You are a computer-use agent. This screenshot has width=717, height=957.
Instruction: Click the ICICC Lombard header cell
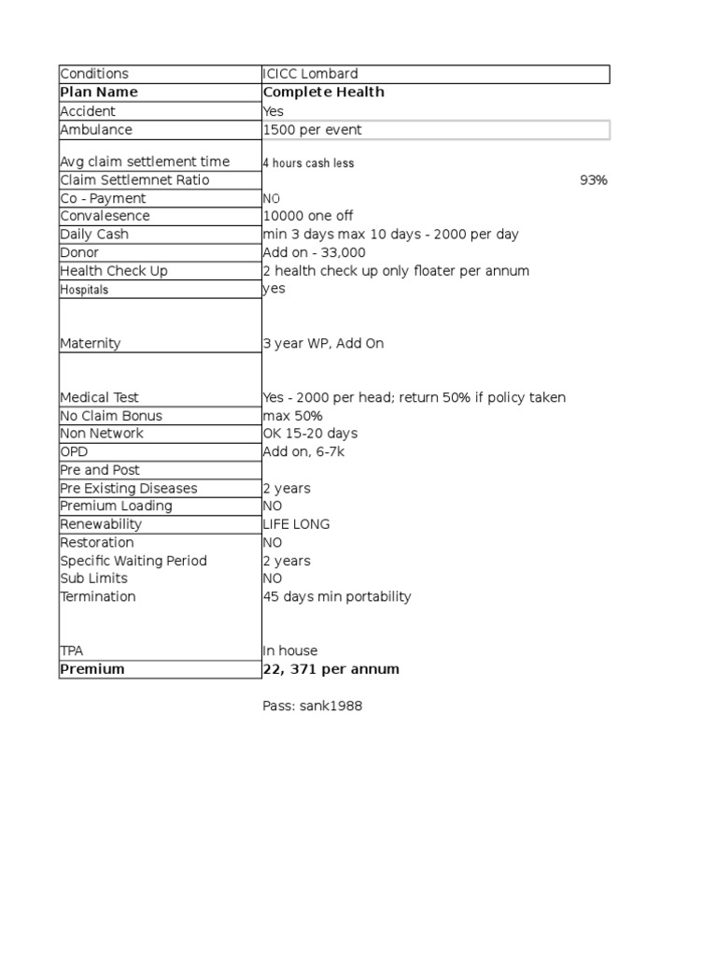pos(310,74)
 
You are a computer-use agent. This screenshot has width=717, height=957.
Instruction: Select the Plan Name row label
pos(98,93)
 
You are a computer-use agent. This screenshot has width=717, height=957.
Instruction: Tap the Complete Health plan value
pos(323,93)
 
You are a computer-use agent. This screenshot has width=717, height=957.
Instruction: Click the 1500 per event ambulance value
pos(312,130)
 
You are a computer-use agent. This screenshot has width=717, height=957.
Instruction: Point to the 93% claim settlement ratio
pos(593,180)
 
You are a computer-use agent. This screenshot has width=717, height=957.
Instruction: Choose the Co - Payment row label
pos(103,198)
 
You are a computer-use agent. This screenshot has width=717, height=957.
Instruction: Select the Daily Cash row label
pos(93,235)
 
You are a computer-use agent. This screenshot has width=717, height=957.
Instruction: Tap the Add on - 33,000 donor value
pos(314,252)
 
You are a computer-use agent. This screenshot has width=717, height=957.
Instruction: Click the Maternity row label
pos(90,344)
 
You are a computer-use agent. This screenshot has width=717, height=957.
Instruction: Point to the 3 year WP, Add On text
pos(323,344)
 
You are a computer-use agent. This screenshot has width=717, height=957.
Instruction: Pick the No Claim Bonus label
pos(110,416)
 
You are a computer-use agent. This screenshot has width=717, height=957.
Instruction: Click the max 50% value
pos(292,416)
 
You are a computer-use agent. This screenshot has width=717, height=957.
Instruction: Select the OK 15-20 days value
pos(310,434)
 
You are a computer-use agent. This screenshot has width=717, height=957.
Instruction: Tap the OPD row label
pos(74,451)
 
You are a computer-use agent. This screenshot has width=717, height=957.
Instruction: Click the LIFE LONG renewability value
pos(296,524)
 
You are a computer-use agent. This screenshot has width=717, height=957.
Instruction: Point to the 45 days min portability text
pos(336,597)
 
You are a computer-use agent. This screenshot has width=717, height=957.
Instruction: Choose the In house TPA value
pos(289,650)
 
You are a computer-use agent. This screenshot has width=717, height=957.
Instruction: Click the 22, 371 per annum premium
pos(330,669)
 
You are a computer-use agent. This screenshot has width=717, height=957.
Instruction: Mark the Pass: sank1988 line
pos(312,707)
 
